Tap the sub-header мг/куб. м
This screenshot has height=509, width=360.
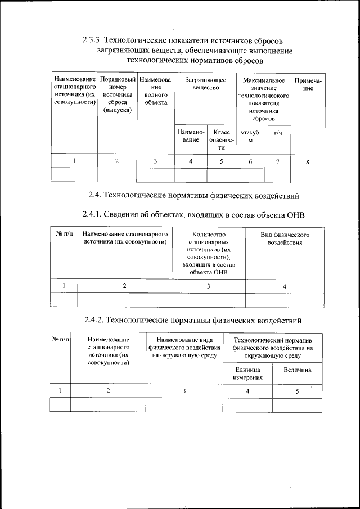tap(250, 137)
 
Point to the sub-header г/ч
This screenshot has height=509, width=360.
tap(278, 133)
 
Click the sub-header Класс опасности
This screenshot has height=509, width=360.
tap(222, 140)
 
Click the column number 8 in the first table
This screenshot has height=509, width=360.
tap(308, 162)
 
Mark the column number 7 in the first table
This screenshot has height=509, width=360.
tap(278, 162)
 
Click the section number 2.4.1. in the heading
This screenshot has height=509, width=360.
tap(94, 216)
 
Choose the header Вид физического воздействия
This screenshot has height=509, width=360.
tap(285, 238)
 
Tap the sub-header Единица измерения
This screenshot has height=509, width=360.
tap(248, 374)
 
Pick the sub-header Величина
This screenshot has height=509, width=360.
tap(298, 371)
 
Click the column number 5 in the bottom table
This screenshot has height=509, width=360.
tap(297, 391)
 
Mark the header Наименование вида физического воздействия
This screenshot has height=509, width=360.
tap(184, 348)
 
